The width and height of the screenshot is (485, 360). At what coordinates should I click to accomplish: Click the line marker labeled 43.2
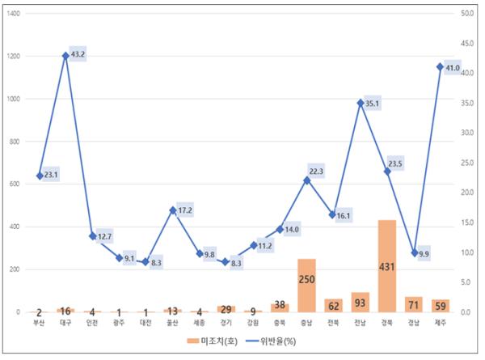(65, 56)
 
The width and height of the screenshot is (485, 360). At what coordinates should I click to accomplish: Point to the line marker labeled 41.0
(441, 67)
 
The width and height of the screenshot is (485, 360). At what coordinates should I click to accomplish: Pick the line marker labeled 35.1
(361, 103)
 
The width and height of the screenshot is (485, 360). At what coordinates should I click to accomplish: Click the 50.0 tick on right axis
(466, 14)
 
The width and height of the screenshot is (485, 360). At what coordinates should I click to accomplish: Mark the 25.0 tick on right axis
(466, 163)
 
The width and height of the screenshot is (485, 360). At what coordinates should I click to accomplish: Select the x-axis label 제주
(441, 322)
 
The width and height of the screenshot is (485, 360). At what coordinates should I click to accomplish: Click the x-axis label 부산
(39, 322)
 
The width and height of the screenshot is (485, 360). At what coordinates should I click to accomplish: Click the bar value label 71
(414, 305)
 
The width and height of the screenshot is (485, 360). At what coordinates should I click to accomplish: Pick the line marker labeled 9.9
(414, 253)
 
